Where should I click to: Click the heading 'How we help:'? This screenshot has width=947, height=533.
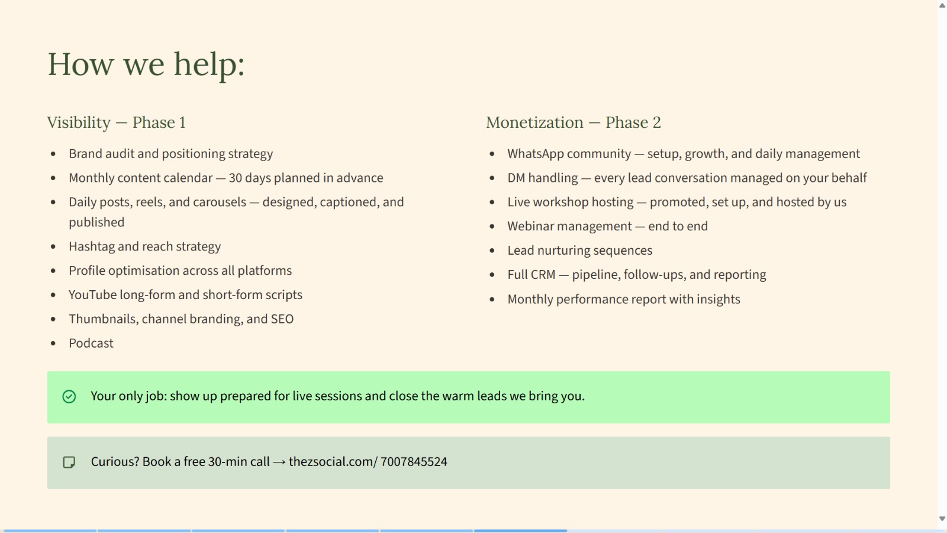[146, 65]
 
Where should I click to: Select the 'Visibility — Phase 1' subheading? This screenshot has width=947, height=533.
[116, 123]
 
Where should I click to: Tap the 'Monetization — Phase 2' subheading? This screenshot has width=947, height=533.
[574, 123]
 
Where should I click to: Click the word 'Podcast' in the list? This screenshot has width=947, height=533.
[91, 343]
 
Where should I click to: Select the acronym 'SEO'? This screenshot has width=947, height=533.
[282, 319]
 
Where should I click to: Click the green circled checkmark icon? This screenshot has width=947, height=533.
[69, 397]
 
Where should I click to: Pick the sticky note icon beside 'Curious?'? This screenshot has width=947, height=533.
[69, 463]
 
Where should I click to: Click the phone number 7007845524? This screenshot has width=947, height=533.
[414, 462]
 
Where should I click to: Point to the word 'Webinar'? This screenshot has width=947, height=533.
[530, 226]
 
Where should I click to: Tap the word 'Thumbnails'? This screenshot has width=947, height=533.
[104, 319]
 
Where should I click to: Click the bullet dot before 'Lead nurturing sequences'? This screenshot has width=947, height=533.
[492, 251]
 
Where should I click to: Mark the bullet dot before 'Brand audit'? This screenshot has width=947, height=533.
[53, 154]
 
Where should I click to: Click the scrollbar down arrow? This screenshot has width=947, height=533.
[942, 519]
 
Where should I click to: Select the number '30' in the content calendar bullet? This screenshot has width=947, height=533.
[235, 178]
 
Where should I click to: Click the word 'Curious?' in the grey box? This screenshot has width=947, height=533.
[115, 462]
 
